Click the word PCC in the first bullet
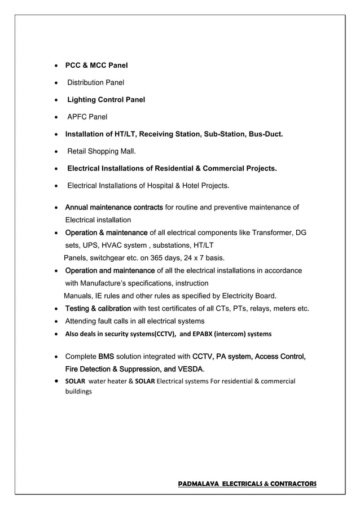(74, 65)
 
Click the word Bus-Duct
(264, 134)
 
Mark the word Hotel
(204, 186)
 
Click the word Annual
(78, 208)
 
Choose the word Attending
(83, 321)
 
